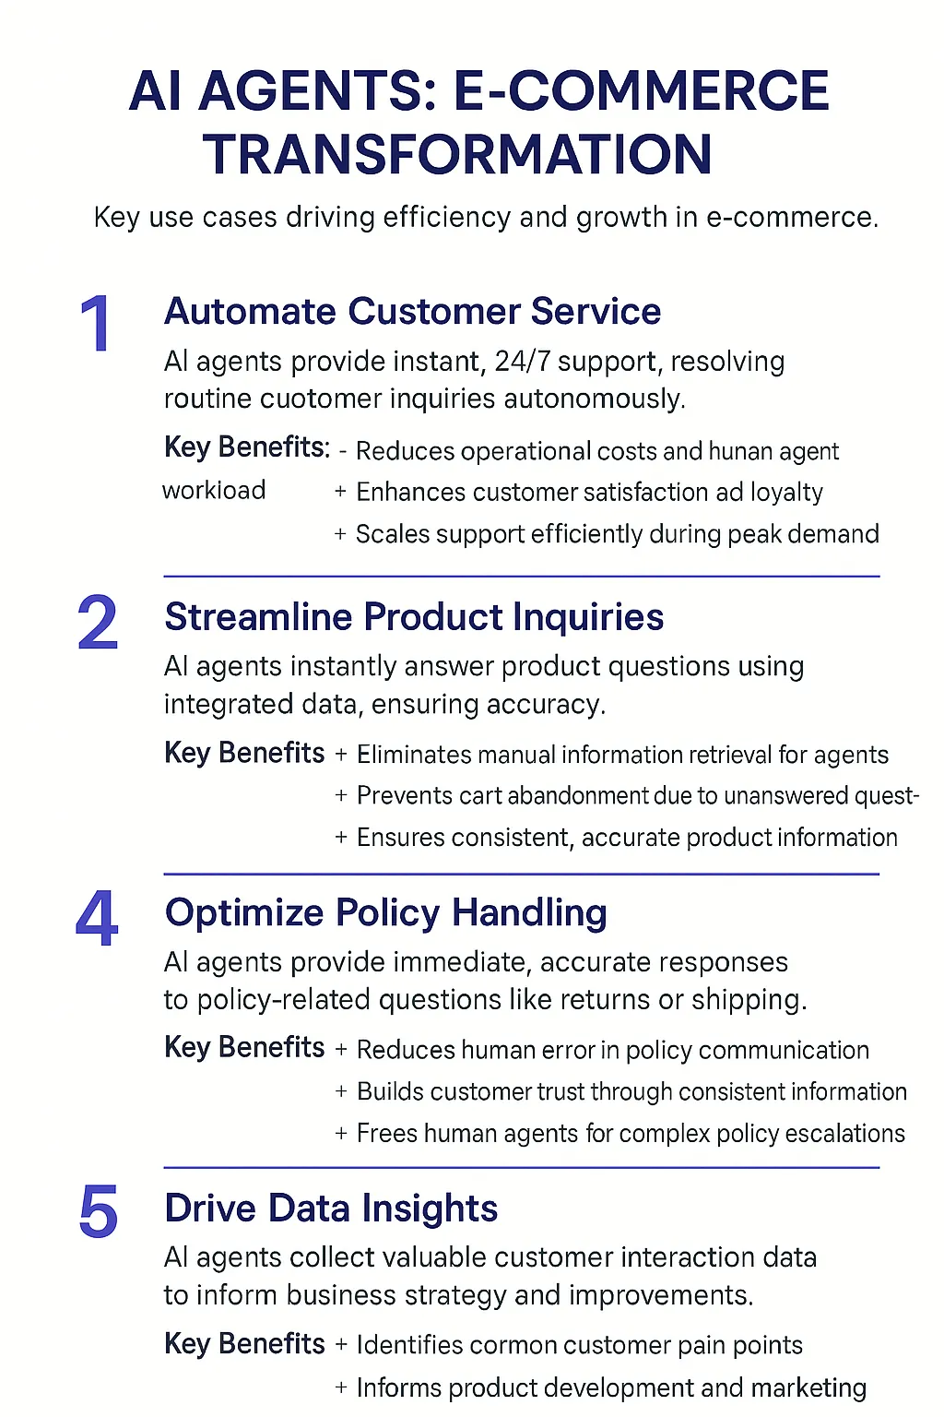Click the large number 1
pyautogui.click(x=96, y=324)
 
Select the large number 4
pyautogui.click(x=97, y=919)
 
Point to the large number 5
pyautogui.click(x=99, y=1212)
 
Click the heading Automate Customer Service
pyautogui.click(x=412, y=312)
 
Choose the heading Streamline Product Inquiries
pyautogui.click(x=414, y=617)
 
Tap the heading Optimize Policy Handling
pyautogui.click(x=385, y=913)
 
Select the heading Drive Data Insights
pyautogui.click(x=331, y=1209)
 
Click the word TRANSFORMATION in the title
pyautogui.click(x=457, y=154)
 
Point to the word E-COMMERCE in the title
pyautogui.click(x=642, y=90)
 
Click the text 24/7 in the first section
pyautogui.click(x=522, y=362)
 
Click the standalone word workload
pyautogui.click(x=214, y=490)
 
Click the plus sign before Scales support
pyautogui.click(x=340, y=534)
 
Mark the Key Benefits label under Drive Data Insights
pyautogui.click(x=244, y=1343)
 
